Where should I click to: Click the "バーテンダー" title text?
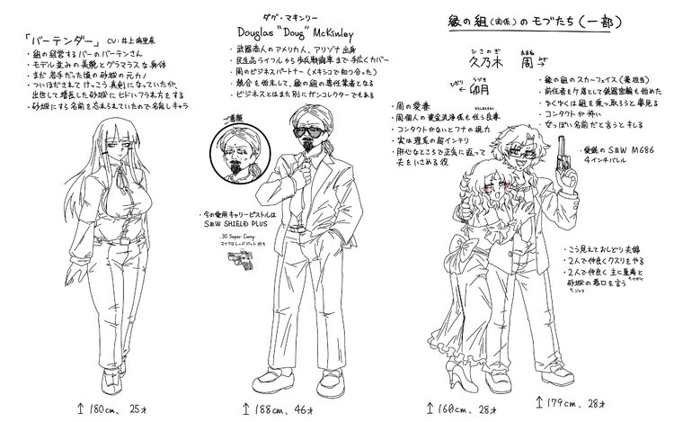click(47, 42)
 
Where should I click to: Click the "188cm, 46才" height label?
click(284, 409)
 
